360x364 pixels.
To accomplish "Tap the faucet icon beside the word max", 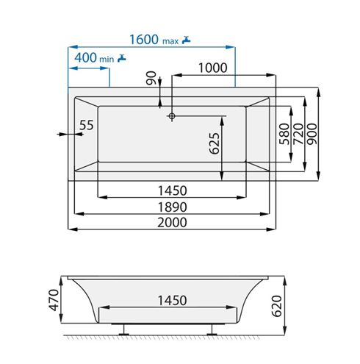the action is pyautogui.click(x=187, y=40).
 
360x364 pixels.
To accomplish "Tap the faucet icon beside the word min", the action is pyautogui.click(x=122, y=58).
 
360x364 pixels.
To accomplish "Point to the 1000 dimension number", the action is pyautogui.click(x=212, y=68).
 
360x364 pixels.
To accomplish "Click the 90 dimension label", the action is pyautogui.click(x=151, y=78).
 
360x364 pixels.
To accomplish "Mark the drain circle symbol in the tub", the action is pyautogui.click(x=172, y=116).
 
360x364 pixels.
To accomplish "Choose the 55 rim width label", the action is pyautogui.click(x=87, y=125).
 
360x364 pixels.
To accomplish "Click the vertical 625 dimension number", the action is pyautogui.click(x=215, y=143).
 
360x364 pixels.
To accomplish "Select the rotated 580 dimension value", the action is pyautogui.click(x=284, y=134).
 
